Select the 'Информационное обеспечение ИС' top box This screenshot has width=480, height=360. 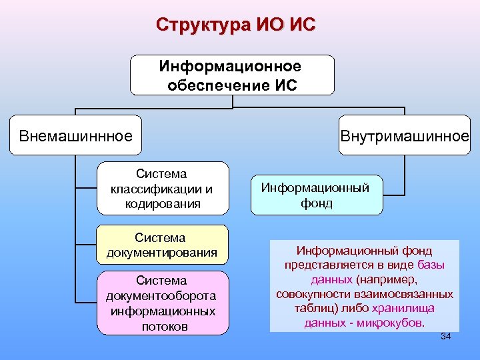click(x=232, y=75)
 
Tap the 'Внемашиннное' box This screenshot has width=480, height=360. click(x=76, y=137)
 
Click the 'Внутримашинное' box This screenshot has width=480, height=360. click(x=405, y=137)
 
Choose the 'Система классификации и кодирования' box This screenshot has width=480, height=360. click(x=162, y=189)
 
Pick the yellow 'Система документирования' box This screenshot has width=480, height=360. click(x=162, y=245)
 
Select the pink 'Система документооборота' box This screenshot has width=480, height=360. click(x=162, y=303)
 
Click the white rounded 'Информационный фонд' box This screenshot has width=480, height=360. click(x=317, y=195)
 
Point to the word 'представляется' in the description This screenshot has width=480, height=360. click(x=323, y=265)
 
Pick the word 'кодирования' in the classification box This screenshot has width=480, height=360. click(x=162, y=203)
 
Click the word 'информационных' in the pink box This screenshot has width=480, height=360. click(x=163, y=311)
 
